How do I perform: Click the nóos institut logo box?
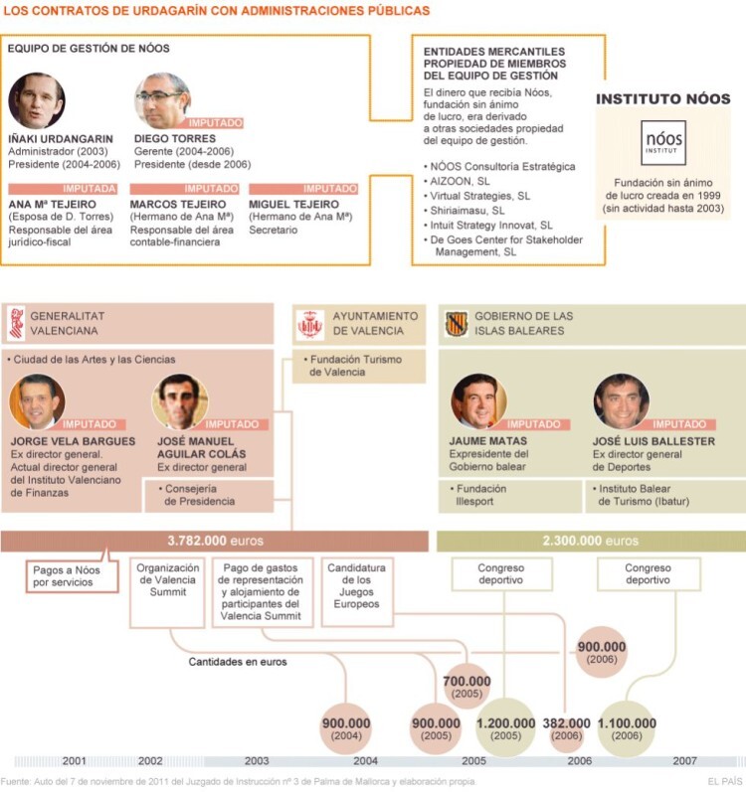tap(663, 142)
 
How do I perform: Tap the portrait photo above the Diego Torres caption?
tap(163, 100)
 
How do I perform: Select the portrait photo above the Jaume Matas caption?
tap(478, 401)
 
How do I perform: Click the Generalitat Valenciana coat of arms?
tap(17, 323)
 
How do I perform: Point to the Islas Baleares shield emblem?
tap(456, 323)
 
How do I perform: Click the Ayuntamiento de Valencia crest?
tap(309, 324)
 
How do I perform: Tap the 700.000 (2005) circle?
tap(466, 687)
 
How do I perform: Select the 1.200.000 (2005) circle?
tap(505, 728)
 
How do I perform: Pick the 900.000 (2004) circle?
tap(346, 728)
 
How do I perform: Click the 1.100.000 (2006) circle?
tap(627, 728)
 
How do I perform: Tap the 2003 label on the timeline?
tap(257, 760)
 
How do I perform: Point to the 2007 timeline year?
tap(685, 760)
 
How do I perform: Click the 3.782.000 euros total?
tap(215, 541)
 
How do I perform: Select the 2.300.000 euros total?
tap(590, 541)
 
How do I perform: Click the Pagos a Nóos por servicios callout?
tap(72, 574)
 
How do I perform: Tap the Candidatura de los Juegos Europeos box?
tap(357, 592)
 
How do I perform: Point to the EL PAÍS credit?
tap(725, 781)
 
